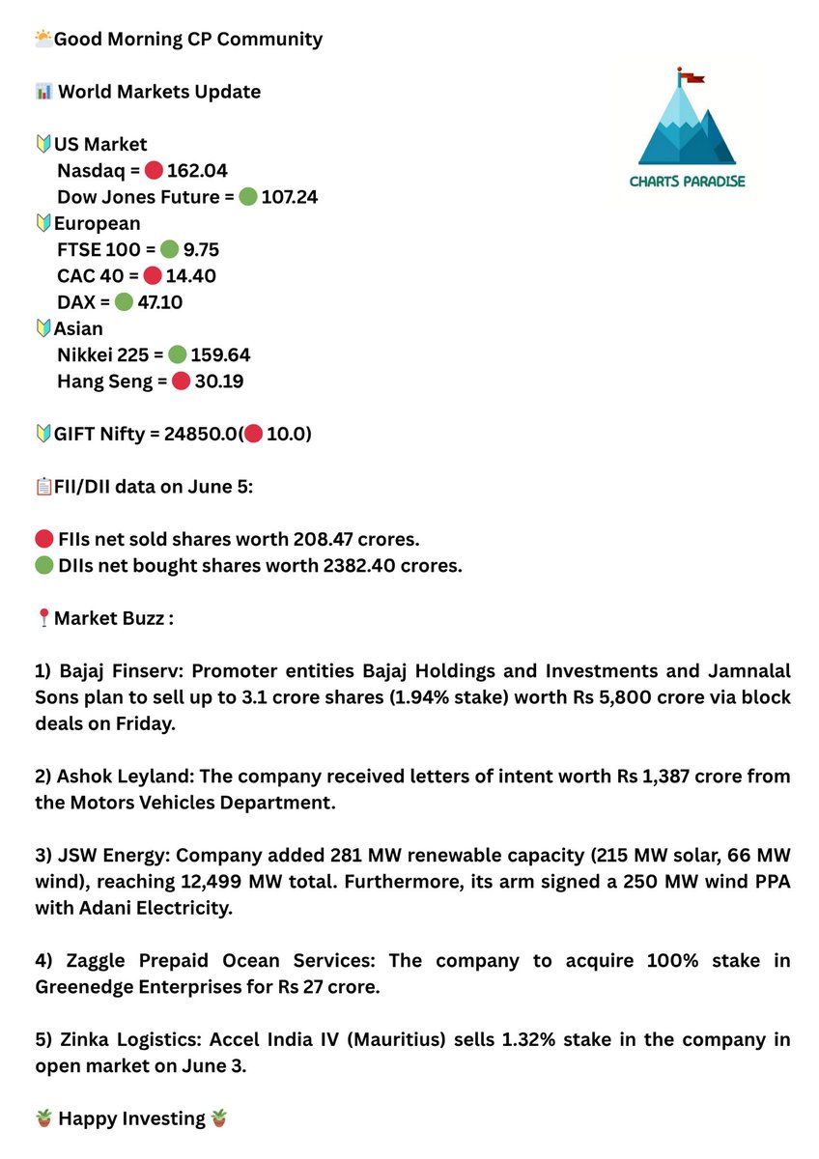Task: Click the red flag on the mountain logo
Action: click(x=692, y=74)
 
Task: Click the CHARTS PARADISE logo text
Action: click(x=687, y=181)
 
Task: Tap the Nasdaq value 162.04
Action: click(x=197, y=171)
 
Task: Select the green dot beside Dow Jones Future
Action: click(x=247, y=197)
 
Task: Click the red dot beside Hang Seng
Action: click(x=181, y=382)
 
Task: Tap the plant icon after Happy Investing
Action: click(x=220, y=1118)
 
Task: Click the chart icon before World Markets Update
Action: click(x=42, y=92)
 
